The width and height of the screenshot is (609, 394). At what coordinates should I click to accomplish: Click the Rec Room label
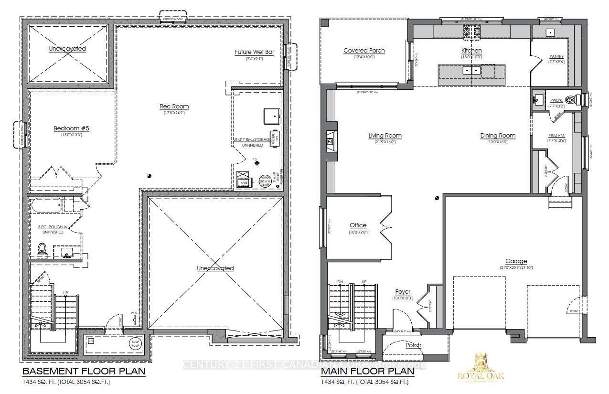[x=174, y=106]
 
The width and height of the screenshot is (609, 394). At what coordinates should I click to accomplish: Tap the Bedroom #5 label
[x=68, y=128]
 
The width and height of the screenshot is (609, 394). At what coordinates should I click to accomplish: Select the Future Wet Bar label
[x=254, y=52]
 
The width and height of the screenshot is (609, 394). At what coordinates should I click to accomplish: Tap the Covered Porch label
[x=364, y=50]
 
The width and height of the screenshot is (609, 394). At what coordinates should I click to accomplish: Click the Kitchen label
[x=471, y=50]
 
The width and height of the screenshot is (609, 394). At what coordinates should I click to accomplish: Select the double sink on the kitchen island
[x=471, y=70]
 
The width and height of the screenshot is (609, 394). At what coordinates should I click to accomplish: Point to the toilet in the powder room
[x=570, y=100]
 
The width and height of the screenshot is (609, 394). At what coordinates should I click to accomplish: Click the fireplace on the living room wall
[x=330, y=140]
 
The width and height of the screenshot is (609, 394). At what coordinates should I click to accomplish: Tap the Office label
[x=358, y=225]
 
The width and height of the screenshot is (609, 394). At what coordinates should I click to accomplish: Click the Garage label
[x=516, y=261]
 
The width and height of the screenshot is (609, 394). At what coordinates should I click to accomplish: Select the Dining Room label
[x=498, y=136]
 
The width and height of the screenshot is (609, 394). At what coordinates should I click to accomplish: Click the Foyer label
[x=402, y=292]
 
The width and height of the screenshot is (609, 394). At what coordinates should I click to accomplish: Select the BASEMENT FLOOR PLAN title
[x=83, y=371]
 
